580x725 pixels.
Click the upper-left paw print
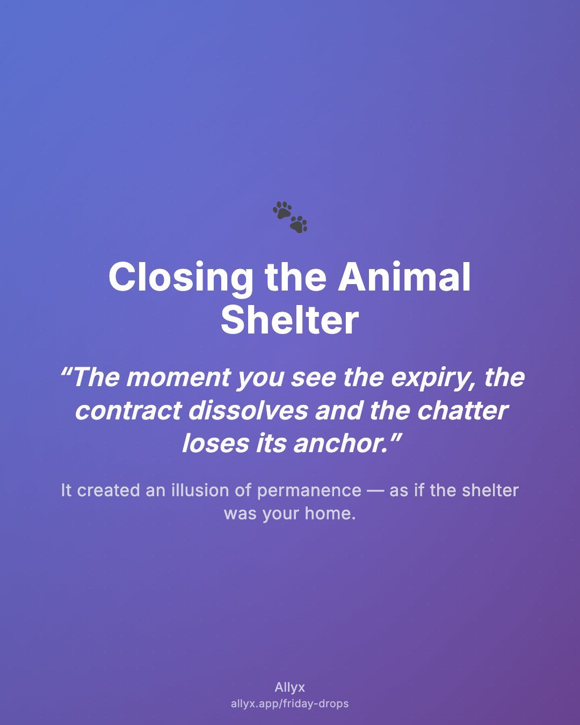point(282,210)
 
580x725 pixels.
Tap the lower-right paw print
point(299,224)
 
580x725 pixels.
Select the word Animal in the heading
point(404,277)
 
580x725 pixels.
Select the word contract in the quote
point(128,411)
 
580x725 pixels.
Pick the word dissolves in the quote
point(248,410)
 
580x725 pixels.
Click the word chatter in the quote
point(462,411)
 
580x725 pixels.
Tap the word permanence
point(309,491)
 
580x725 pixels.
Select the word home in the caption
point(330,514)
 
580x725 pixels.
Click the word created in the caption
point(108,490)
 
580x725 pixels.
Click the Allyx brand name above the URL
point(290,687)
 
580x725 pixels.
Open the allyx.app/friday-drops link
point(290,704)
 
